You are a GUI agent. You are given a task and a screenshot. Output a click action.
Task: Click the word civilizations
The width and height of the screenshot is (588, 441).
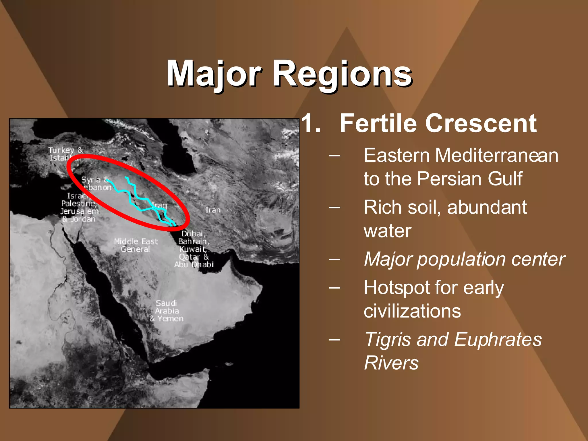412,311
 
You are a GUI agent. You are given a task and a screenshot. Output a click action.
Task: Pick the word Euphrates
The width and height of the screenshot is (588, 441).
498,339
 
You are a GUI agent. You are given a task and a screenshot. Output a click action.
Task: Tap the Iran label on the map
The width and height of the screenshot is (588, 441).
213,210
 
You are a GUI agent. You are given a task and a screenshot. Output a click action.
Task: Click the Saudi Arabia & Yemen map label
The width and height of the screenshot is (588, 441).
167,311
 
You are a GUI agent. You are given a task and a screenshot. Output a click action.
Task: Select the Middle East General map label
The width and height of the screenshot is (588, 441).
136,245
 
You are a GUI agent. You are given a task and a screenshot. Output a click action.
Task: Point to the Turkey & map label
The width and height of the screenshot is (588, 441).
65,150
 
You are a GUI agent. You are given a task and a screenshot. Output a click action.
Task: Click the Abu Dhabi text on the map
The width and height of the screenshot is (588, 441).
194,265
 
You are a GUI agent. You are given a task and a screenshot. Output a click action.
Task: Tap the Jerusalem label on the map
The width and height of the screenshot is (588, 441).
80,211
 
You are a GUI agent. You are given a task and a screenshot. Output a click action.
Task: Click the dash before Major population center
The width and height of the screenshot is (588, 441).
335,260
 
